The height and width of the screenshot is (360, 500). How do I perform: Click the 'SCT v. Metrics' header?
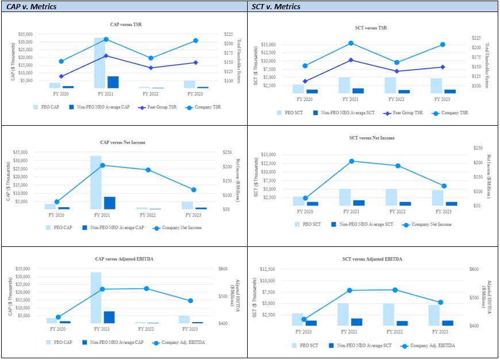pos(276,7)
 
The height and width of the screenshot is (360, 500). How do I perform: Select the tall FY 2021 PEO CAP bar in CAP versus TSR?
pos(99,63)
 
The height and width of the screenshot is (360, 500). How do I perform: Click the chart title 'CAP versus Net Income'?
pos(127,142)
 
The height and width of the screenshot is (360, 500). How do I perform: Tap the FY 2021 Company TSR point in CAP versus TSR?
pos(106,40)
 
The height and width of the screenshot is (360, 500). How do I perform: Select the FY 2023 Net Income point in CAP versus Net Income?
pos(193,189)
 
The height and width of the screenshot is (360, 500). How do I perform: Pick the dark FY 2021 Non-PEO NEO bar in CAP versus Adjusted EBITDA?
pos(109,317)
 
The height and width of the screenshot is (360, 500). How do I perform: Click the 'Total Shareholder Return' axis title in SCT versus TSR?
pos(488,63)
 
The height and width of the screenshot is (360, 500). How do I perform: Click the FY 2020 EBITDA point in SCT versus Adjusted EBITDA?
pos(304,319)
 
